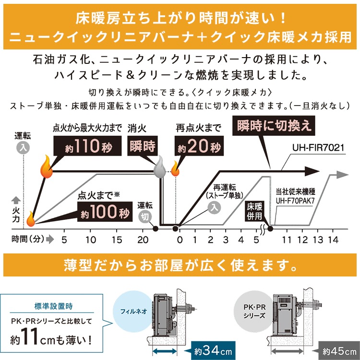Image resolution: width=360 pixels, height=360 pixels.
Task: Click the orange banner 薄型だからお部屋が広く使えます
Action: click(180, 264)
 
